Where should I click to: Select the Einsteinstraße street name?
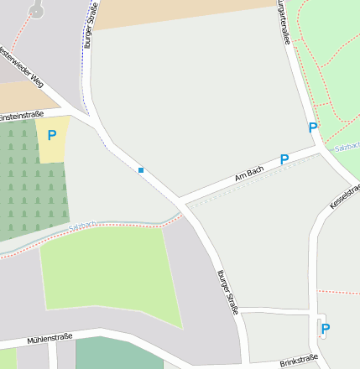pos(22,116)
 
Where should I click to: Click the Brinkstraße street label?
pos(299,359)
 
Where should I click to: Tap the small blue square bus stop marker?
pos(141,170)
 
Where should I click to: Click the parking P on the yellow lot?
pos(52,134)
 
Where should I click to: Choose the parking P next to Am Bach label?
pos(284,159)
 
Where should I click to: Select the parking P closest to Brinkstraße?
pos(326,328)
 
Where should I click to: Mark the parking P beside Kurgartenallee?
pos(312,127)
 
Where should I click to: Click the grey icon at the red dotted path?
pos(36,9)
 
